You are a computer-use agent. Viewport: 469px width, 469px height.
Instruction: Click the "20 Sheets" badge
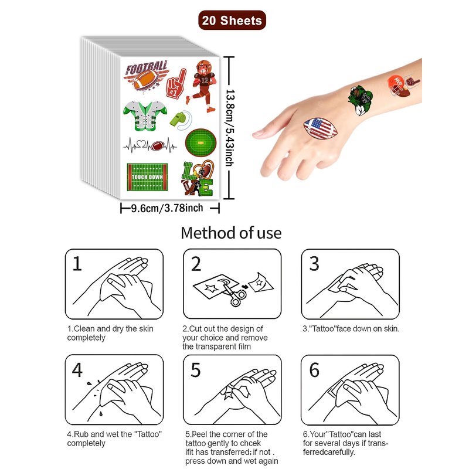tap(232, 21)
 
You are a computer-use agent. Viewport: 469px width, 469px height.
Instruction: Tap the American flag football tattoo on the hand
tap(320, 128)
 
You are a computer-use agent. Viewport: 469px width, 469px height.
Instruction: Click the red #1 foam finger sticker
tap(176, 84)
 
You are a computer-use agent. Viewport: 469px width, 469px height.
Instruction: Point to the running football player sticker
tap(201, 86)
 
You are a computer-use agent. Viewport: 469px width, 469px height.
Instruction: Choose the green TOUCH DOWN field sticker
tap(147, 177)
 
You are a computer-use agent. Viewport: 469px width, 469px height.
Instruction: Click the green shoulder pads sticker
tap(145, 115)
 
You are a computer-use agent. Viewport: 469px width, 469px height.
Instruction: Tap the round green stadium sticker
tap(200, 142)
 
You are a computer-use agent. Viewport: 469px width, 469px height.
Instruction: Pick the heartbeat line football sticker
tap(150, 145)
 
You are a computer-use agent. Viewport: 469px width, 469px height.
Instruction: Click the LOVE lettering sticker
tap(198, 178)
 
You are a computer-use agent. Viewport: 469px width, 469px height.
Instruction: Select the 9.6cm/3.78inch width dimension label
tap(167, 208)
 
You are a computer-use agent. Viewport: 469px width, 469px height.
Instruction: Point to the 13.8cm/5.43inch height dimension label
tap(229, 127)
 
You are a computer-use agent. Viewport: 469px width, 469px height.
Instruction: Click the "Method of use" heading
tap(231, 233)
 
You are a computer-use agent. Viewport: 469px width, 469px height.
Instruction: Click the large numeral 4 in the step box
tap(77, 370)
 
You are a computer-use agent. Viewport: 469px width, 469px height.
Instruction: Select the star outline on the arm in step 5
tap(229, 392)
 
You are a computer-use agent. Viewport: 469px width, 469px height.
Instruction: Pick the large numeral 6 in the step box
tap(314, 370)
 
